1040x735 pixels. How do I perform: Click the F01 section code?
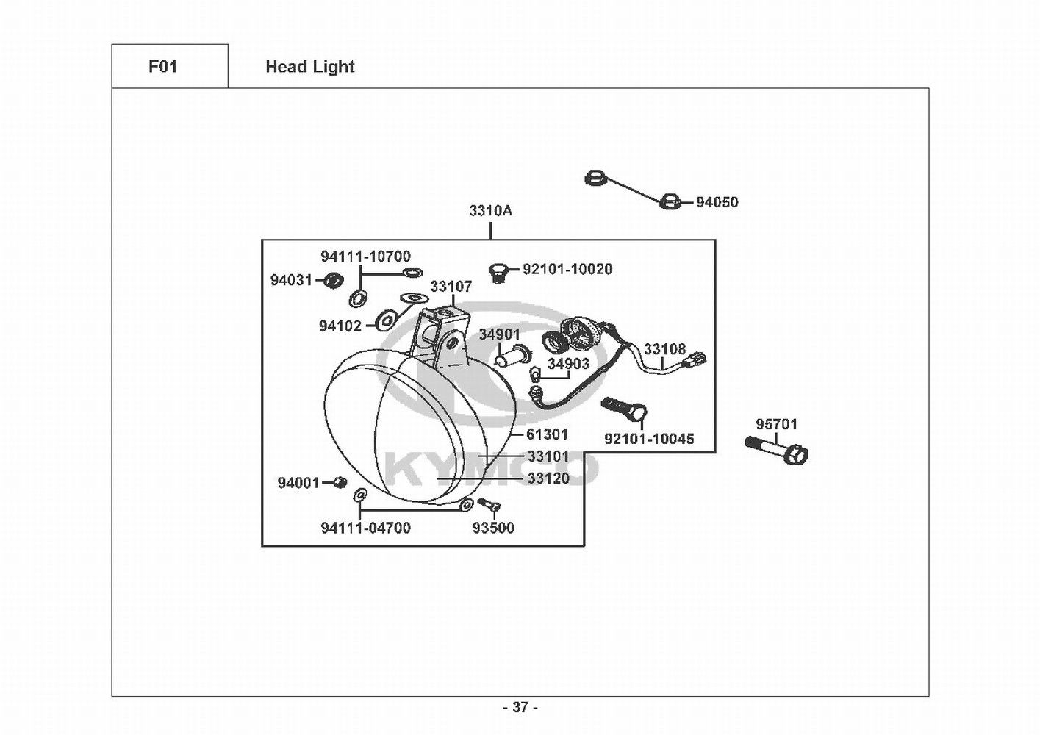coord(162,67)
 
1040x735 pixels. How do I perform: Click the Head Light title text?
coord(309,67)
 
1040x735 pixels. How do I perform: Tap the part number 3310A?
coord(490,211)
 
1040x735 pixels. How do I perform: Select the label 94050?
coord(717,202)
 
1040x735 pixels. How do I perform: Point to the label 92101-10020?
coord(567,269)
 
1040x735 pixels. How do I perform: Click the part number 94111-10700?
coord(365,257)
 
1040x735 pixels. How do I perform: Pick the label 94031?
coord(291,280)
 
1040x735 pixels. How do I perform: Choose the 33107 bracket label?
coord(451,287)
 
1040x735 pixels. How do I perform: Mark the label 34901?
coord(499,334)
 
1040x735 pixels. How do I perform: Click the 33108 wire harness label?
coord(664,349)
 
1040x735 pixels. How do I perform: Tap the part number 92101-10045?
coord(649,439)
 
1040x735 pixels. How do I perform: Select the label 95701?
coord(776,424)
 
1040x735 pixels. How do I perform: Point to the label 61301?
coord(547,434)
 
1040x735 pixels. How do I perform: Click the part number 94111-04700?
coord(365,528)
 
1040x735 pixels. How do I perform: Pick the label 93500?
coord(492,528)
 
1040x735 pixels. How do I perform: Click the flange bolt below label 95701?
coord(778,449)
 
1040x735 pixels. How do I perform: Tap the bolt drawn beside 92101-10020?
coord(499,271)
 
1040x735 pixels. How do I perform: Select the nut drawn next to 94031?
coord(334,279)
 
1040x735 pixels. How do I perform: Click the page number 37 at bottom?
coord(520,708)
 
